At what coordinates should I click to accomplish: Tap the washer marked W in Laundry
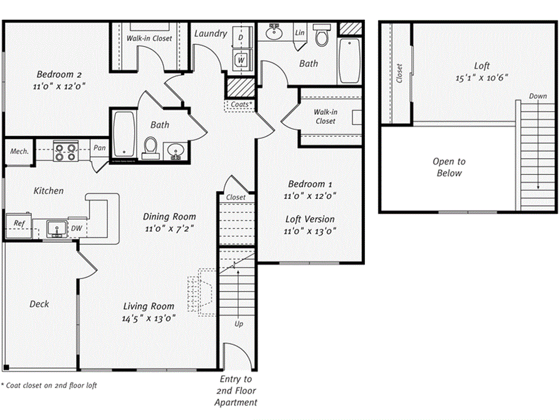point(241,59)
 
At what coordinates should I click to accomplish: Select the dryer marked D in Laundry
point(241,37)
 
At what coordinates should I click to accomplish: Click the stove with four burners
point(66,151)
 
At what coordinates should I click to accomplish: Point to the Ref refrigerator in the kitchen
point(20,223)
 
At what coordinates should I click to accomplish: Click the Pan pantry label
point(99,148)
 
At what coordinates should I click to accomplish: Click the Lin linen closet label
point(300,33)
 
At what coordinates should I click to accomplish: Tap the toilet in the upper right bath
point(322,36)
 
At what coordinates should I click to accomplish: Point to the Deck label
point(39,304)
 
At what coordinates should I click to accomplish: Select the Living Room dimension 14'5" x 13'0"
point(148,318)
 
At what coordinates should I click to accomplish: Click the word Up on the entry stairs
point(239,324)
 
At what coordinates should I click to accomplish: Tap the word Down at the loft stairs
point(537,96)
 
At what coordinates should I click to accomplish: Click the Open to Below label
point(449,167)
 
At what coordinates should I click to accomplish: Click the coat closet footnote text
point(49,386)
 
